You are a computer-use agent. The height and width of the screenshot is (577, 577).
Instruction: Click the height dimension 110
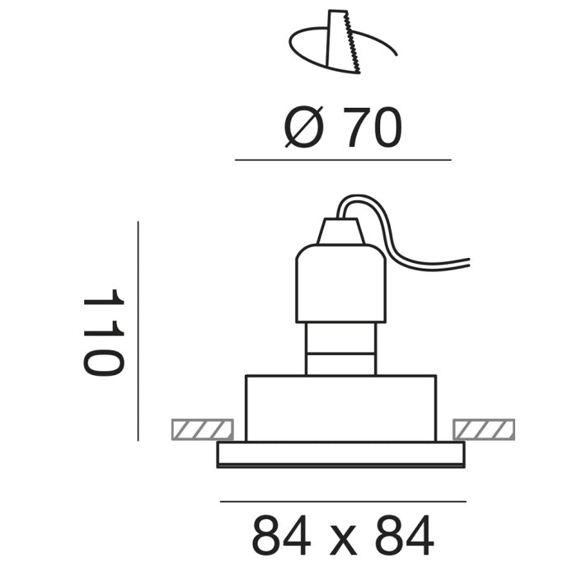coord(103,331)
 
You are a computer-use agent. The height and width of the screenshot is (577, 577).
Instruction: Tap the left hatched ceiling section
coord(201,429)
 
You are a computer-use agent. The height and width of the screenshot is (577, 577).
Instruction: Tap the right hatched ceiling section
coord(485,429)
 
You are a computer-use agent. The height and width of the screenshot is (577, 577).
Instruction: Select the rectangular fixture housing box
coord(340,408)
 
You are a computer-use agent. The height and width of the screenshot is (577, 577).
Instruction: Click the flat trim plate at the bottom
coord(340,454)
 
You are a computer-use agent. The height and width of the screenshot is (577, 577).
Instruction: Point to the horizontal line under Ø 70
coord(343,159)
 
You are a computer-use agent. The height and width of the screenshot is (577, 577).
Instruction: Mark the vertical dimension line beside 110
coord(138,331)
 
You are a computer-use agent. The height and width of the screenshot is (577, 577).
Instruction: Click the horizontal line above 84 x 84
coord(343,500)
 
